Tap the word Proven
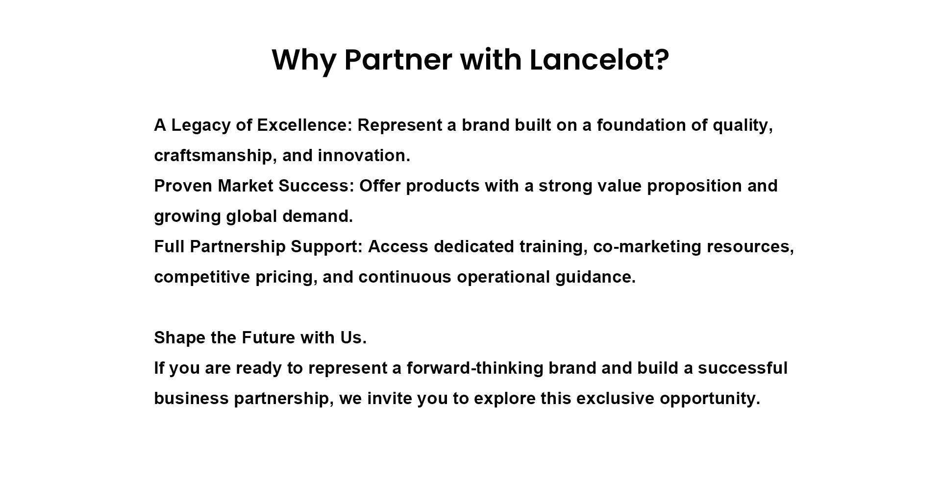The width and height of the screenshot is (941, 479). click(183, 186)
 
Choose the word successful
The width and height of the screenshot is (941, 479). click(743, 368)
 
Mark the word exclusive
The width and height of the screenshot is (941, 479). click(615, 399)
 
